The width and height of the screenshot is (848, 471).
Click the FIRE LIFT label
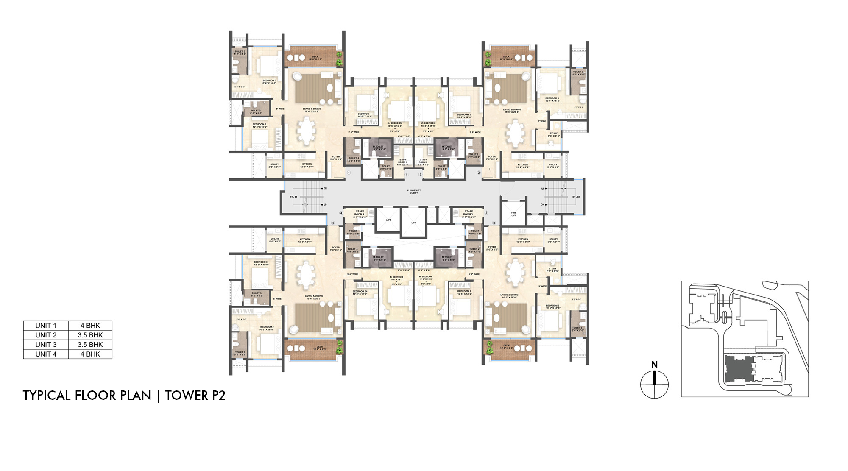coord(513,214)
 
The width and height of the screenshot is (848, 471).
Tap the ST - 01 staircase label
coord(293,197)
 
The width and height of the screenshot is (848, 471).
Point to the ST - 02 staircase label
coord(576,197)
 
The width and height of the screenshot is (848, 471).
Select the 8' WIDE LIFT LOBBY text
coord(414,192)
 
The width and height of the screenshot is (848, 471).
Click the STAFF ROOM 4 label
coord(360,213)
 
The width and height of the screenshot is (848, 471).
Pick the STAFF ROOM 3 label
coord(468,213)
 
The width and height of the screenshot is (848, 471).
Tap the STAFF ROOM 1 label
coord(402,162)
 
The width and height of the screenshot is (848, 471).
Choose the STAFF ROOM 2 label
coord(423,162)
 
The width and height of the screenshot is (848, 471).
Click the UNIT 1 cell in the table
coord(46,326)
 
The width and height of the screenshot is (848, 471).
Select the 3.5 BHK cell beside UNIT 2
coord(90,335)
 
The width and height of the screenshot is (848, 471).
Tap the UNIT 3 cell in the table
coord(46,345)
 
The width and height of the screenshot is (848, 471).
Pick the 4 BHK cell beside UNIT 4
coord(90,354)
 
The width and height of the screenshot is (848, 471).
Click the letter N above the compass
coord(654,365)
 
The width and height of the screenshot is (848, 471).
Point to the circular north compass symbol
coord(654,385)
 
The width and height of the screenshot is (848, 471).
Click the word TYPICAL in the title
coord(47,396)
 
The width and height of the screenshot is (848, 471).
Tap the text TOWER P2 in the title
coord(195,396)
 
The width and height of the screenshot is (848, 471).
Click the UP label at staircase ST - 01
coord(325,205)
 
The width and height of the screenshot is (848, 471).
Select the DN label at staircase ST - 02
coord(542,205)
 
